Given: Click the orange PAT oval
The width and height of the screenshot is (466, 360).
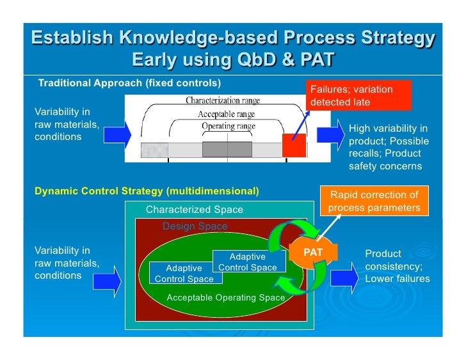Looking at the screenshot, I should tap(313, 252).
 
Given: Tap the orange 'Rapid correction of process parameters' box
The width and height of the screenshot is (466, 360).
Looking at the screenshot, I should tap(373, 201).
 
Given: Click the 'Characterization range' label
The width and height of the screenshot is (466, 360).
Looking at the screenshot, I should tap(223, 100).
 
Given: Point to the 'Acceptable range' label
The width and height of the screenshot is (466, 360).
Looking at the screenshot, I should tap(226, 114).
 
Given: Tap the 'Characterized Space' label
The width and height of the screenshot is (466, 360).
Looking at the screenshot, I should tap(194, 210).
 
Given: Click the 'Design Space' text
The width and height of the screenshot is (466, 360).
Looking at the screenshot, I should tap(195, 226).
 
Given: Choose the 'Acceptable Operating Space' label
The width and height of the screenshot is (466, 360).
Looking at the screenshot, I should tap(225, 298).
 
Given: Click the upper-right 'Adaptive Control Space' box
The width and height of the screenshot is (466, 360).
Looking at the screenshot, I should tap(247, 262).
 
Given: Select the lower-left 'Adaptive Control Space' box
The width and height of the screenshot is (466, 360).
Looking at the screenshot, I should tap(184, 274).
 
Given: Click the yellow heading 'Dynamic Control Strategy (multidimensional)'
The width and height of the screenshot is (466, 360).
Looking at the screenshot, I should tap(146, 191).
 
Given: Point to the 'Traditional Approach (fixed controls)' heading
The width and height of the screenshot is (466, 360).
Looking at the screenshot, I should tap(129, 83).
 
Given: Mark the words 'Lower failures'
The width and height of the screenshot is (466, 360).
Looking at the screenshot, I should tap(397, 279).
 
